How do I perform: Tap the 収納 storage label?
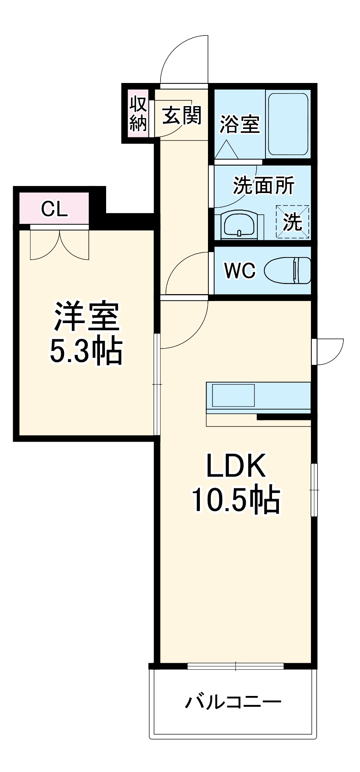click(138, 113)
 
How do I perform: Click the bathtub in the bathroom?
click(288, 124)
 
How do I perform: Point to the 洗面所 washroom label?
click(264, 185)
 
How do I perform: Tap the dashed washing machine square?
click(292, 222)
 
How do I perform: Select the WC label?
click(240, 271)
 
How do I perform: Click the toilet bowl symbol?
click(288, 270)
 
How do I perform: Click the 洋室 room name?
click(86, 316)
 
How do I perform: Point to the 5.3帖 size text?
click(86, 351)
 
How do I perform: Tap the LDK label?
click(236, 466)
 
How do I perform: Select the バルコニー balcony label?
click(233, 701)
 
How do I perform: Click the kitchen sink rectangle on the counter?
click(233, 395)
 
